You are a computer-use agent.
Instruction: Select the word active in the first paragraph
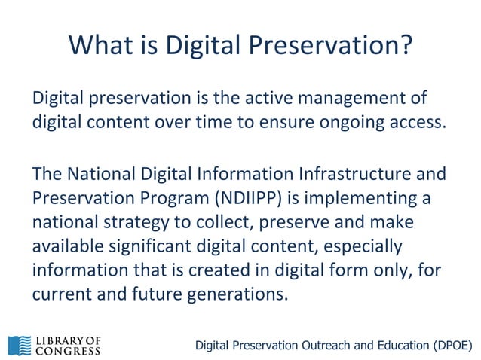(280, 99)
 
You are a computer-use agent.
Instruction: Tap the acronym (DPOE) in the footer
(450, 346)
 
